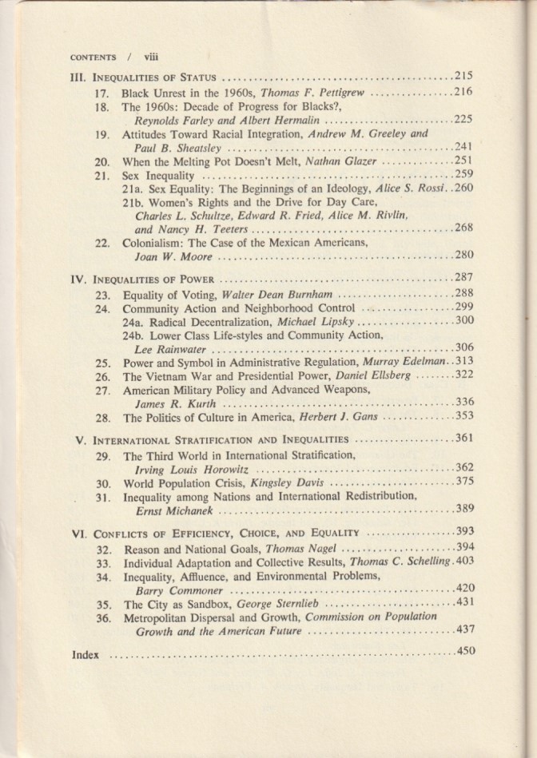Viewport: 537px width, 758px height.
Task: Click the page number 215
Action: (463, 77)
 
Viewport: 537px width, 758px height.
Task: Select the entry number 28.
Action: (101, 417)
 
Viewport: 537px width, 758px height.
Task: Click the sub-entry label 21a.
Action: (133, 189)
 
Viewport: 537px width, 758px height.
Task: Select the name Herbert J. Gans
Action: (343, 417)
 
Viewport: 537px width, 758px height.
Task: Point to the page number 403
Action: (465, 562)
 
